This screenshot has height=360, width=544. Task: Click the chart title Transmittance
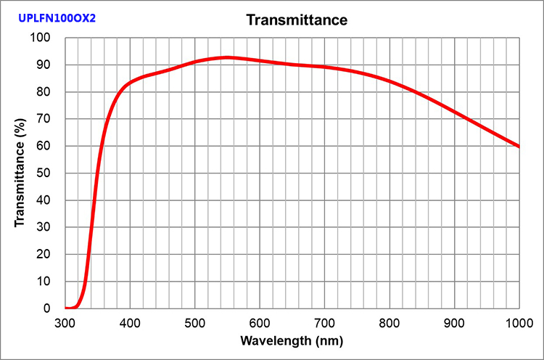297,20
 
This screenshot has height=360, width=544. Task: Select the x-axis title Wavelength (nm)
292,340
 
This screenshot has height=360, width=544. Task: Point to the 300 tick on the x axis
65,322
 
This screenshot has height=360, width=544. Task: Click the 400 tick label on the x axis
130,322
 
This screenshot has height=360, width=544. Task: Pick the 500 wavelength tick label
195,322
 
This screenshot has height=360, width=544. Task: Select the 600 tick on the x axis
260,322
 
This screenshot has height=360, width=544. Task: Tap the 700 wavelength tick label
325,322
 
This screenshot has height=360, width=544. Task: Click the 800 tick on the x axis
390,322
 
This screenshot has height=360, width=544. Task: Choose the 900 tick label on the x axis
455,322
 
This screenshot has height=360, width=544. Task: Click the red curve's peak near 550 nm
228,57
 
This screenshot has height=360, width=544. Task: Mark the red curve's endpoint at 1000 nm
519,147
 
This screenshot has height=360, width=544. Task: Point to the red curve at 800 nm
390,81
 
